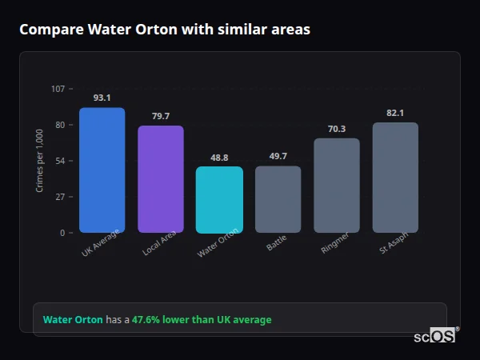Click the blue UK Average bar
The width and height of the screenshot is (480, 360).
click(x=102, y=170)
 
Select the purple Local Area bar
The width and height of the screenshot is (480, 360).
click(x=160, y=179)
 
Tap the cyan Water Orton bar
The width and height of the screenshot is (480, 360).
click(x=219, y=200)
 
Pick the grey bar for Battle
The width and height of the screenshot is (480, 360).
click(x=278, y=199)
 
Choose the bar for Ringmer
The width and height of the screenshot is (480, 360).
click(x=336, y=186)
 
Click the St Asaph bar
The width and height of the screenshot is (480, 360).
click(x=395, y=178)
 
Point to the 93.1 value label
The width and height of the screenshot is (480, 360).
click(x=102, y=98)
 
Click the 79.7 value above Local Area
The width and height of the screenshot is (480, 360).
click(x=160, y=116)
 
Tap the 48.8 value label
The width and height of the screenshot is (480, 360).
click(x=219, y=158)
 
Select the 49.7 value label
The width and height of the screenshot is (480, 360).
click(x=278, y=156)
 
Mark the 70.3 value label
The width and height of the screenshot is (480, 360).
click(x=336, y=129)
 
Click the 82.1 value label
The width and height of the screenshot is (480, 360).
click(x=395, y=113)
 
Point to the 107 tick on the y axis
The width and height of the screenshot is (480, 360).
click(x=58, y=89)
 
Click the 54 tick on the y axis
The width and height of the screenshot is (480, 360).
click(x=60, y=161)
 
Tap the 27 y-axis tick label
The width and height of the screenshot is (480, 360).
click(x=60, y=197)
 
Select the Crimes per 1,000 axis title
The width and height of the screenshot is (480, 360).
click(x=40, y=160)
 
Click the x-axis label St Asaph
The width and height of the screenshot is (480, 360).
click(x=394, y=248)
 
